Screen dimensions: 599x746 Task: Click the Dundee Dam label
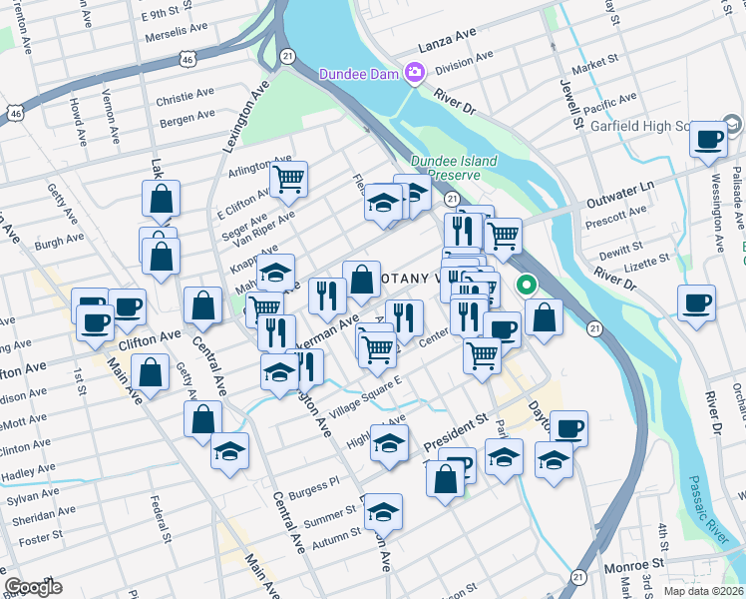click(x=359, y=73)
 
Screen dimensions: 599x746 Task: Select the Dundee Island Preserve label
click(x=446, y=167)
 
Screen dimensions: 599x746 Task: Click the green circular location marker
click(x=526, y=285)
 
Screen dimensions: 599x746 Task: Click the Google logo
click(x=32, y=587)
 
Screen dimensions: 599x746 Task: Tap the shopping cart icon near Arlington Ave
click(x=288, y=179)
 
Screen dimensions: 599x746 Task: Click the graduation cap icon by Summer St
click(x=383, y=510)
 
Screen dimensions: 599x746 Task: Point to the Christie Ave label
click(x=186, y=101)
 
